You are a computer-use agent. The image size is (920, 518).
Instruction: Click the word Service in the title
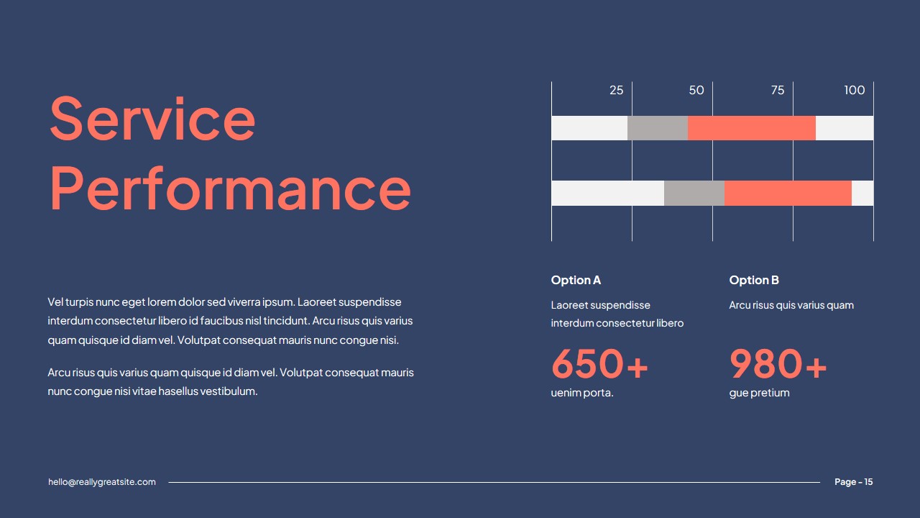(x=152, y=119)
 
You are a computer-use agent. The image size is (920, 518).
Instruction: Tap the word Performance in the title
(x=230, y=188)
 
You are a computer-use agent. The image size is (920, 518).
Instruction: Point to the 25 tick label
(x=616, y=91)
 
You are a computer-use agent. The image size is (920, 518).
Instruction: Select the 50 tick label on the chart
(x=696, y=91)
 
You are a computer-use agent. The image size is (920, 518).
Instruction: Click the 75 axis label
(x=778, y=91)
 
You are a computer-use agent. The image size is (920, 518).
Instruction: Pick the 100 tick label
(x=855, y=91)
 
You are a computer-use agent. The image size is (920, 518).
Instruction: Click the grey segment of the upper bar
(x=658, y=128)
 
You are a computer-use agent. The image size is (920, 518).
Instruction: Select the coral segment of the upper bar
(x=752, y=128)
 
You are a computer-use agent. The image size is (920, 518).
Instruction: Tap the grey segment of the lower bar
(x=694, y=193)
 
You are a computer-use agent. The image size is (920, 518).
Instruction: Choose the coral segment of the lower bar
(x=788, y=193)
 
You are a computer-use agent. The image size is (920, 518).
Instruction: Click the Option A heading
(x=576, y=280)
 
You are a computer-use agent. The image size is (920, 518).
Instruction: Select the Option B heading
(x=754, y=280)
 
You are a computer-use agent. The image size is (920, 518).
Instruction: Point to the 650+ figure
(x=599, y=364)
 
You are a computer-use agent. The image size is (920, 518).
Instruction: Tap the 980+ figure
(x=778, y=364)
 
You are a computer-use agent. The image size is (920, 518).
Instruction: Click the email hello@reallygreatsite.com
(x=102, y=482)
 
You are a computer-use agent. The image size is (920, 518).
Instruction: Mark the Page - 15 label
(x=854, y=482)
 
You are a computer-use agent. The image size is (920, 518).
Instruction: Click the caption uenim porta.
(x=582, y=393)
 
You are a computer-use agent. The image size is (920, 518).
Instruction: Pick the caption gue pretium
(x=759, y=393)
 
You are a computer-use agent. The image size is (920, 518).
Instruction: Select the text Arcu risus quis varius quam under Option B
(x=791, y=305)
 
